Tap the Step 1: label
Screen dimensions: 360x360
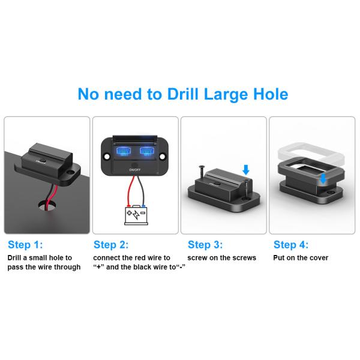click(25, 245)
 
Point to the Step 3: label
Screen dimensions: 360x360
click(205, 245)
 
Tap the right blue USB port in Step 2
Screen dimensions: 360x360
click(147, 152)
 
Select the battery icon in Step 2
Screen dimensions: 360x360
click(136, 215)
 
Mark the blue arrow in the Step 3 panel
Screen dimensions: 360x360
click(245, 170)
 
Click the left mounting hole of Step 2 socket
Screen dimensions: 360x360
click(107, 155)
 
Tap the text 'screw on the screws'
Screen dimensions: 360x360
click(221, 258)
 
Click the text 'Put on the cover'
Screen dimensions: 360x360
click(301, 258)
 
